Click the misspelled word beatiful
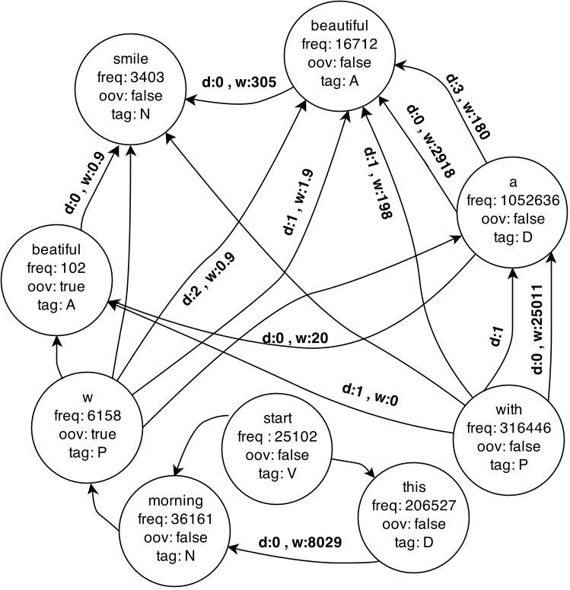pos(54,250)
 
